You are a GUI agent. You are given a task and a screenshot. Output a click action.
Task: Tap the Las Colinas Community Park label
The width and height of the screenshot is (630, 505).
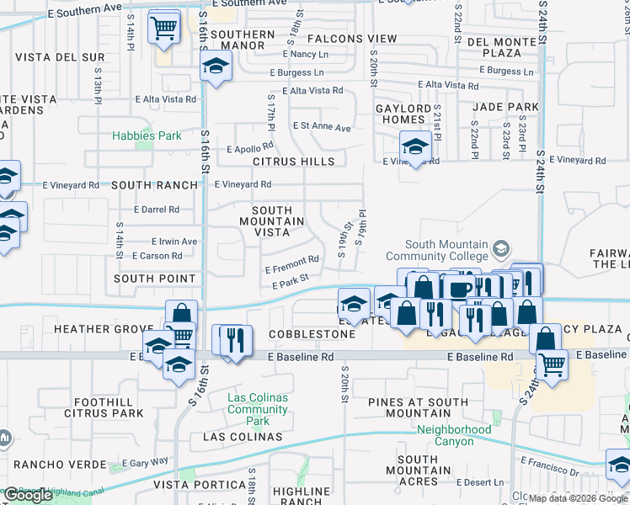pyautogui.click(x=258, y=409)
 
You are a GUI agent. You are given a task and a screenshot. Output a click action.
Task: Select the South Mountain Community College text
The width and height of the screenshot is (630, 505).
pyautogui.click(x=446, y=250)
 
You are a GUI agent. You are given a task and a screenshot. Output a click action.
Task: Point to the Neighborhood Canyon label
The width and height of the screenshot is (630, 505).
pyautogui.click(x=454, y=435)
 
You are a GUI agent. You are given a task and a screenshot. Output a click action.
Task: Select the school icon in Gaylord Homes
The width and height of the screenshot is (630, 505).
pyautogui.click(x=415, y=147)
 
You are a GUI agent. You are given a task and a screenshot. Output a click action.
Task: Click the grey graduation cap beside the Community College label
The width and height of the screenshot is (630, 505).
pyautogui.click(x=501, y=248)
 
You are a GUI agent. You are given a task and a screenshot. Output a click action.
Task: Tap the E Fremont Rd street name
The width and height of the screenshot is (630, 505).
pyautogui.click(x=291, y=265)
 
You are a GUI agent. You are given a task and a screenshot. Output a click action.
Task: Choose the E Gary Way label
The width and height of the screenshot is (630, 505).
pyautogui.click(x=145, y=462)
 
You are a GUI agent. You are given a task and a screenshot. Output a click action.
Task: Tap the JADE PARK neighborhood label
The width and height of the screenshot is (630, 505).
pyautogui.click(x=505, y=107)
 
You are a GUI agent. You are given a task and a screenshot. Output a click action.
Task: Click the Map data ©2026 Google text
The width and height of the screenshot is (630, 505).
pyautogui.click(x=578, y=497)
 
